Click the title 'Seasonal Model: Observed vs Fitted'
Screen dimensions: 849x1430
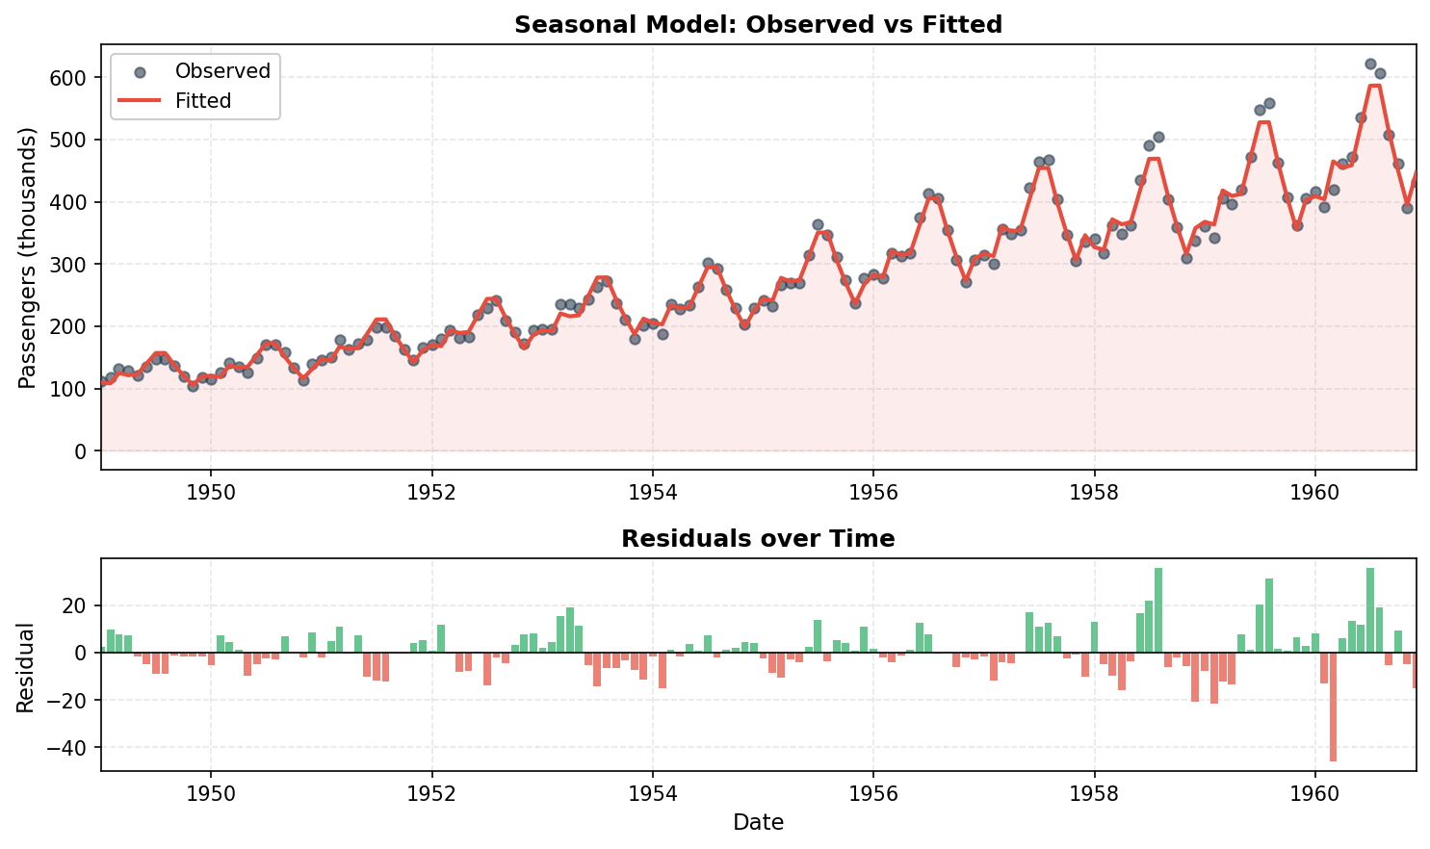coord(758,25)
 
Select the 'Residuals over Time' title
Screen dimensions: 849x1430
coord(758,539)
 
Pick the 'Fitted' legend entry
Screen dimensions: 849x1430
coord(202,101)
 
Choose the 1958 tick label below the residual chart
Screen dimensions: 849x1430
coord(1094,794)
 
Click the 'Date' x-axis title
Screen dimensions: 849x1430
coord(758,823)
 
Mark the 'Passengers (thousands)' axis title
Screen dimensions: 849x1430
coord(27,257)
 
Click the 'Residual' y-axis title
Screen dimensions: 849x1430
coord(27,667)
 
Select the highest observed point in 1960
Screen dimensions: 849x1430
coord(1370,64)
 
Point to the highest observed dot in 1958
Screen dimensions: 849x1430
coord(1158,138)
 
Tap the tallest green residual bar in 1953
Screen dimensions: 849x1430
coord(570,630)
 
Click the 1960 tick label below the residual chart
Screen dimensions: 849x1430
coord(1314,794)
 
